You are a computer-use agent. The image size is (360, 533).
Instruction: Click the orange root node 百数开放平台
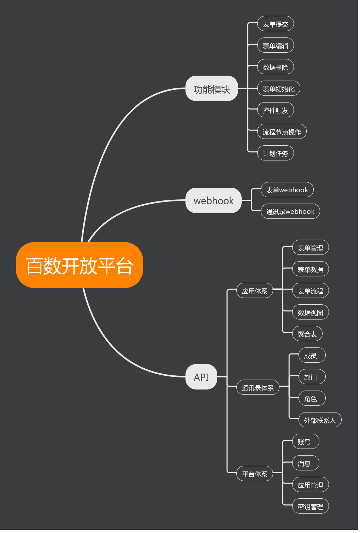coord(79,265)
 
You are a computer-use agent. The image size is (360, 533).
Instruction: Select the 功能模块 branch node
coord(212,88)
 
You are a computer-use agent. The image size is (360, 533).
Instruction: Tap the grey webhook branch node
coord(213,200)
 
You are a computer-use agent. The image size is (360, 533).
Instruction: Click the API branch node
coord(201,377)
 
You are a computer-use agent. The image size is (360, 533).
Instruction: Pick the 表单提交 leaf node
coord(275,24)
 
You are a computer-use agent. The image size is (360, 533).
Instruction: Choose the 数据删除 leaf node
coord(275,67)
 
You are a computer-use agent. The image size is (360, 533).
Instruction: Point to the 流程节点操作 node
coord(282,131)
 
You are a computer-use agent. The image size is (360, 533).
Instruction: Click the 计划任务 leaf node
coord(275,153)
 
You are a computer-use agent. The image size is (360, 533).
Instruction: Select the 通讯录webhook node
coord(290,211)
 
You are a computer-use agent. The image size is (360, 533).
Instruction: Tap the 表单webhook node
coord(287,190)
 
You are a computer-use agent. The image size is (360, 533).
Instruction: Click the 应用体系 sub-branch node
coord(254,291)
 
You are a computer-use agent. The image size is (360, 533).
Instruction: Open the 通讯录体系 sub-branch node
coord(258,387)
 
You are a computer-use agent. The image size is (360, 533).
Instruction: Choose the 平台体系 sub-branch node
coord(254,474)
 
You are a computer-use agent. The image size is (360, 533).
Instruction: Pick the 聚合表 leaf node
coord(307,334)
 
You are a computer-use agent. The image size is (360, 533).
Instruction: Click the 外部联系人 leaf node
coord(320,420)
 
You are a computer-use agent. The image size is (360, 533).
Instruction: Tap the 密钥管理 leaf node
coord(310,506)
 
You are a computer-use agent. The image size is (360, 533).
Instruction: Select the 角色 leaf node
coord(310,398)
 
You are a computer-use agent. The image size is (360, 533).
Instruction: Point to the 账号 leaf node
coord(305,441)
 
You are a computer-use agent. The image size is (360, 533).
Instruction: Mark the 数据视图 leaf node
coord(310,312)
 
